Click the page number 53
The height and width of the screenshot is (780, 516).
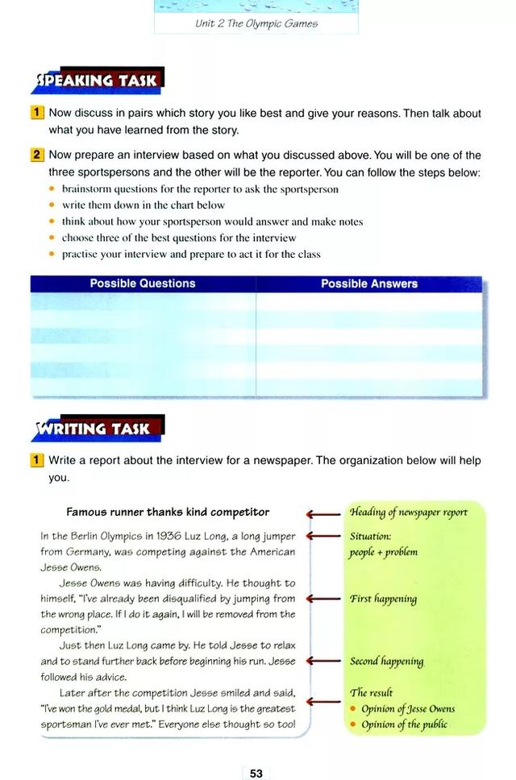[x=256, y=774]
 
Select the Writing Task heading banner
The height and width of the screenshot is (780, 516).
[x=96, y=428]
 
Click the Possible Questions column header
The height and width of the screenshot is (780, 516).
[x=143, y=284]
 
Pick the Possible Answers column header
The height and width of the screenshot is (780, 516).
[x=369, y=284]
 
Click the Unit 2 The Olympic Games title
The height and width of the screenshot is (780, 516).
[x=256, y=23]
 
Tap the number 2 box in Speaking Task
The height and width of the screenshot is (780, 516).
[x=37, y=155]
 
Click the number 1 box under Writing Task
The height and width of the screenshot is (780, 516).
[x=37, y=461]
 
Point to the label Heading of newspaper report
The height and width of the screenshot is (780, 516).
[x=408, y=512]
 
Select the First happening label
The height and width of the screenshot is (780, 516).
[x=383, y=600]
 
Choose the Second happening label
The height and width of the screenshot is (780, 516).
[x=386, y=662]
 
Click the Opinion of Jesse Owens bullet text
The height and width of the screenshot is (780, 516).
[x=408, y=709]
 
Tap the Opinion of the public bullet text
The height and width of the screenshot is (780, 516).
[x=404, y=724]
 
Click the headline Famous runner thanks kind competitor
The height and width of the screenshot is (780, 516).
[x=168, y=512]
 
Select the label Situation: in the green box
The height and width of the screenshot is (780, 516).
[x=370, y=537]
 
